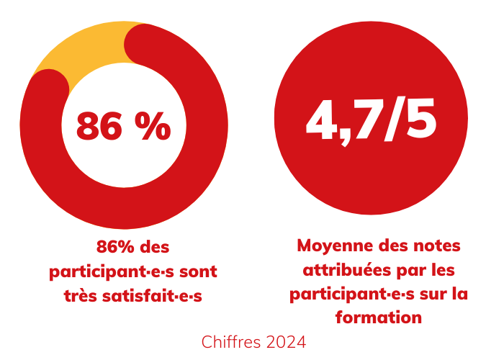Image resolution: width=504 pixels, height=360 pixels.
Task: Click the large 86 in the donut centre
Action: [x=101, y=127]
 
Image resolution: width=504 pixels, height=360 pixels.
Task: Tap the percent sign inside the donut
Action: [x=153, y=127]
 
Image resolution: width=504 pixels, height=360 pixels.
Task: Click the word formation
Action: [x=378, y=318]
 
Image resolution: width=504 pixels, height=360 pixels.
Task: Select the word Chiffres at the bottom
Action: [x=229, y=341]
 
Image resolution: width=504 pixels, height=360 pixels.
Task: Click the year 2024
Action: [x=287, y=341]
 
